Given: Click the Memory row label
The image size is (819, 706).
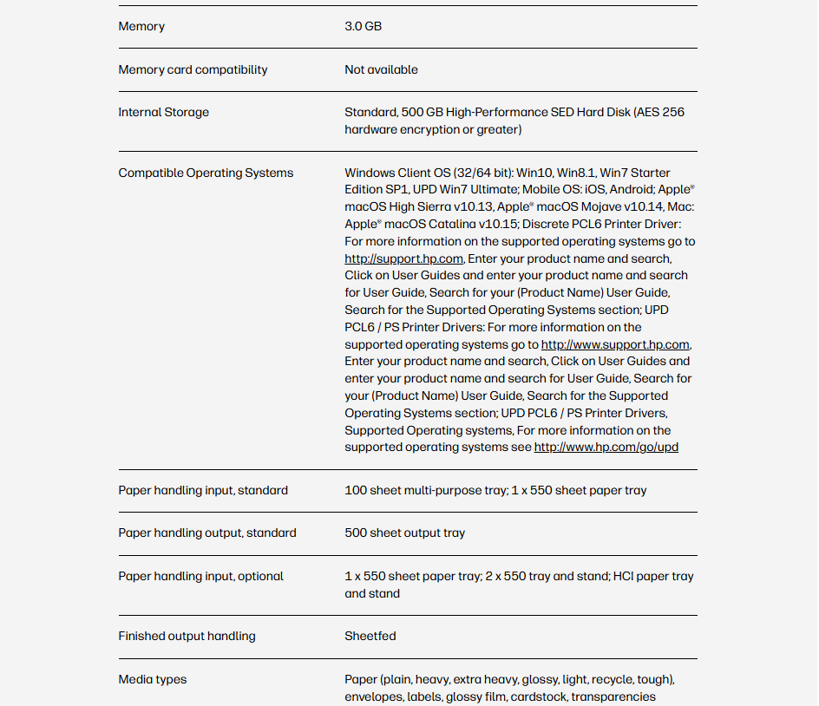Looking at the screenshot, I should point(141,27).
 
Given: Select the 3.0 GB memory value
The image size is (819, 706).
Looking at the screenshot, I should point(363,27).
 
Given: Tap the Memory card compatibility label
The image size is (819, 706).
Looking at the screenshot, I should point(193,69).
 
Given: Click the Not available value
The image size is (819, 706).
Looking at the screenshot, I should point(381,69).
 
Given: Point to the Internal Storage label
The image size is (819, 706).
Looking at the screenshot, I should point(163,113).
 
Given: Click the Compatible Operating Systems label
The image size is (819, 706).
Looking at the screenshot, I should point(206,173).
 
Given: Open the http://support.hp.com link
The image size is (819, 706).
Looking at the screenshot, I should point(403,258).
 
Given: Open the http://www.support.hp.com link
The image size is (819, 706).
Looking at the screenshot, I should point(615,344).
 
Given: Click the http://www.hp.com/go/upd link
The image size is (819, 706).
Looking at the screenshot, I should point(606,448).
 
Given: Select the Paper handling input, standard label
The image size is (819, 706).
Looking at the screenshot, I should point(203,490).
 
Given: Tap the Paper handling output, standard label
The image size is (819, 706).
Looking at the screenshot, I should point(207,533).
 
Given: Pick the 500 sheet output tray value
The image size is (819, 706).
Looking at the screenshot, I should point(404,533).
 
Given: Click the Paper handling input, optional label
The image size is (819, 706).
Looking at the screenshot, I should point(200,576).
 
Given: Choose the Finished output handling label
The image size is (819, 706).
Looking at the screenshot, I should point(187,637).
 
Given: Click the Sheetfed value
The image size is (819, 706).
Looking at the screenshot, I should point(370,637).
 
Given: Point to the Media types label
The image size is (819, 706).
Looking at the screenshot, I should point(152,679).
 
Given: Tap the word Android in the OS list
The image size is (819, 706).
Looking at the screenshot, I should point(632,190).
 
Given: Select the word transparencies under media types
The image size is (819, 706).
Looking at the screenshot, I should point(613,696).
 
